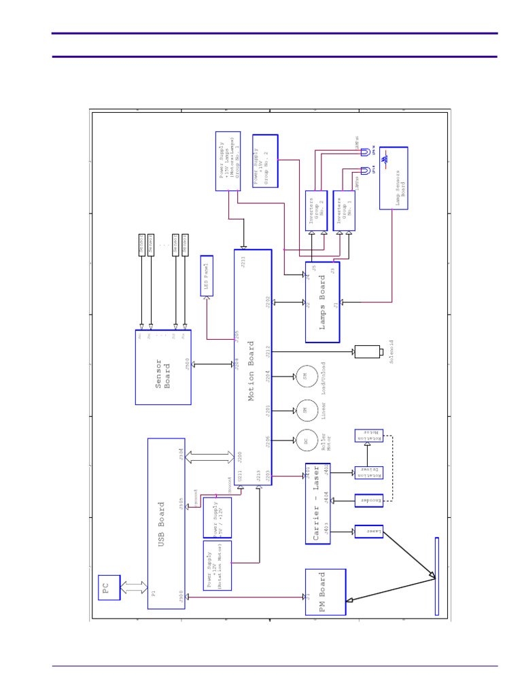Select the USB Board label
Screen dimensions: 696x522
point(162,523)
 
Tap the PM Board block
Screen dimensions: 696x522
point(325,592)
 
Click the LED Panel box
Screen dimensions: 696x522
point(207,275)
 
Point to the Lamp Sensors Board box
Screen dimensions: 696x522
point(394,178)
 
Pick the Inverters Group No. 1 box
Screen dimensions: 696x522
point(344,210)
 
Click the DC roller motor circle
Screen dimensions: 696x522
point(305,442)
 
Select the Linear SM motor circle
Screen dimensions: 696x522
point(305,410)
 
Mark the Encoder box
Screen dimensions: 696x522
point(368,500)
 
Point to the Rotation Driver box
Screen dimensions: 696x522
point(368,472)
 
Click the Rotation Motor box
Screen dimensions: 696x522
point(368,436)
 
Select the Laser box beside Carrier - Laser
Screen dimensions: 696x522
point(368,530)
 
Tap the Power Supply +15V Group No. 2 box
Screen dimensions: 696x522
point(265,160)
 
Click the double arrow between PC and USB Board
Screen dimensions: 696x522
point(134,587)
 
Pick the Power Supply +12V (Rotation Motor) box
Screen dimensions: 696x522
point(217,565)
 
